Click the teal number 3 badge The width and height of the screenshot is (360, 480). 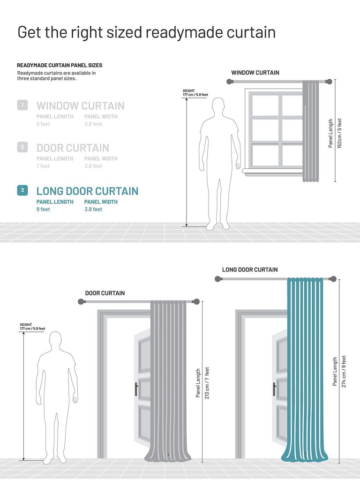[22, 190]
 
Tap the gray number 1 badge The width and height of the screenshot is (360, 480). [22, 105]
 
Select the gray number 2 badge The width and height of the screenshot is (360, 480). [22, 147]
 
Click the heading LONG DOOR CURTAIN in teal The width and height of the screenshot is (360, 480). [87, 191]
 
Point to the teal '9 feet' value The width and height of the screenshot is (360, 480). [43, 210]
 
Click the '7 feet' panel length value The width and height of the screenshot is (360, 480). [43, 166]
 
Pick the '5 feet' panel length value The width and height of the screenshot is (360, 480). [43, 124]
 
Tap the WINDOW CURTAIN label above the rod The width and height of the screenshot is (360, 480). [255, 73]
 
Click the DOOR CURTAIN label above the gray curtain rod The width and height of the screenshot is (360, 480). [105, 293]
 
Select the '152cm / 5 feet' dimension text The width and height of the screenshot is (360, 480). [339, 133]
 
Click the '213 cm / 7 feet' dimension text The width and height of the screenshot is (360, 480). [207, 383]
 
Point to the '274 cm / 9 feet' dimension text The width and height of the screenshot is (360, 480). [344, 371]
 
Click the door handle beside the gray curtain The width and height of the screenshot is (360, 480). [136, 389]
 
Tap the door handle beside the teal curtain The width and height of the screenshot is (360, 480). [275, 389]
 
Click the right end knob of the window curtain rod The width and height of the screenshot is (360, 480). [329, 82]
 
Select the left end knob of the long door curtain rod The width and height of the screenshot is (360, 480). [218, 279]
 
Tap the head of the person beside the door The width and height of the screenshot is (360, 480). [55, 340]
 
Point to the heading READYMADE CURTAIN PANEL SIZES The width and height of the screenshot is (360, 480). [60, 65]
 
